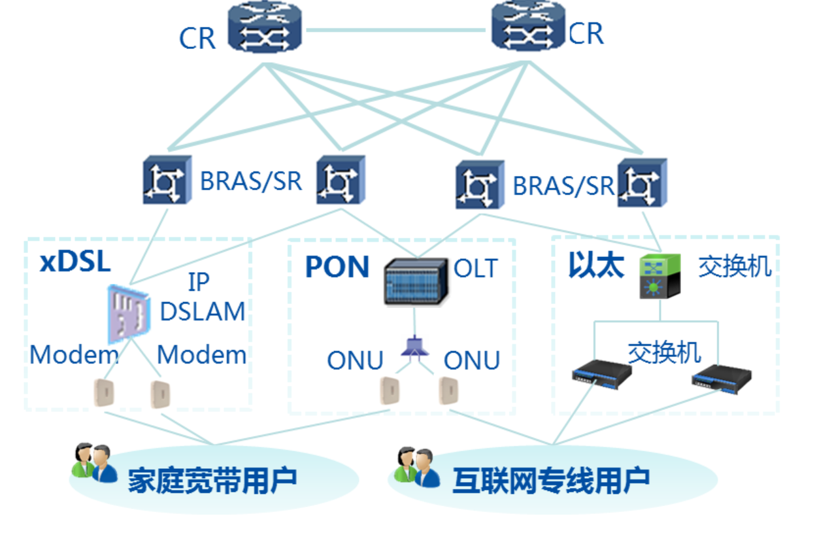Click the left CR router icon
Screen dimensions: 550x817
tap(265, 28)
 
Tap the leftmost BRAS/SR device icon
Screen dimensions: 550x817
tap(167, 179)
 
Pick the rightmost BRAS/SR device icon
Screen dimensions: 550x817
tap(642, 182)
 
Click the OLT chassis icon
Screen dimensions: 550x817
tap(416, 281)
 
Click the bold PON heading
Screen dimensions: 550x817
tap(337, 267)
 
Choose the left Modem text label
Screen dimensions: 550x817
tap(74, 355)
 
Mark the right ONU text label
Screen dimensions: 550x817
tap(472, 360)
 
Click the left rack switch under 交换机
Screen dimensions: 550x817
tap(601, 373)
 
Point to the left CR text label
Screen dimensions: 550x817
tap(197, 39)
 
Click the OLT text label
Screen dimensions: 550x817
tap(476, 268)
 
